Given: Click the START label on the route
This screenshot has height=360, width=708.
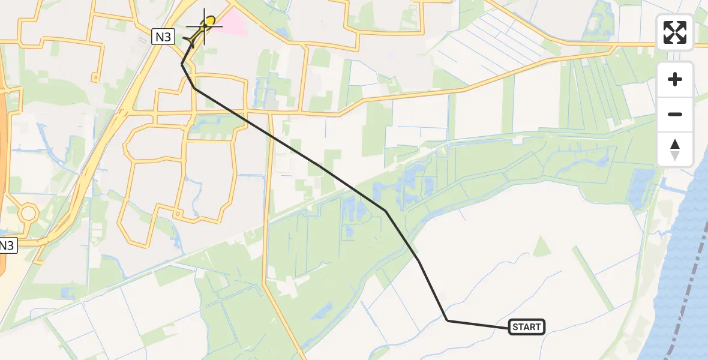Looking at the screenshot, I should (x=527, y=327).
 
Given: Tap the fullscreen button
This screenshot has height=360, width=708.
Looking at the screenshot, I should (x=675, y=32).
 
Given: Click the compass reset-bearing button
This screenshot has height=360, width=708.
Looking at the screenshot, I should (x=675, y=149).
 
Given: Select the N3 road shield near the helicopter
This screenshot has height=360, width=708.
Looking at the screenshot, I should (x=163, y=37).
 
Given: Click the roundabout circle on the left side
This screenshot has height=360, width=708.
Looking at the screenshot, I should (x=28, y=212).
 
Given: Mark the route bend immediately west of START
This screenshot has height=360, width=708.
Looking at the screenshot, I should (x=448, y=320).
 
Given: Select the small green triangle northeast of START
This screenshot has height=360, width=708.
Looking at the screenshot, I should (x=542, y=247).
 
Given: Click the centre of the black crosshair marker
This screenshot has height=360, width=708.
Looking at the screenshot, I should (x=205, y=26).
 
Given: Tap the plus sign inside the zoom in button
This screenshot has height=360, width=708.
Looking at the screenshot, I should (x=675, y=79).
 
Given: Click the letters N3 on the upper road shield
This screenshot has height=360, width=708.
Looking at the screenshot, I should (x=163, y=37).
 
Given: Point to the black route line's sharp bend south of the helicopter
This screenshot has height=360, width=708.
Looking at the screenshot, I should (x=182, y=64).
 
